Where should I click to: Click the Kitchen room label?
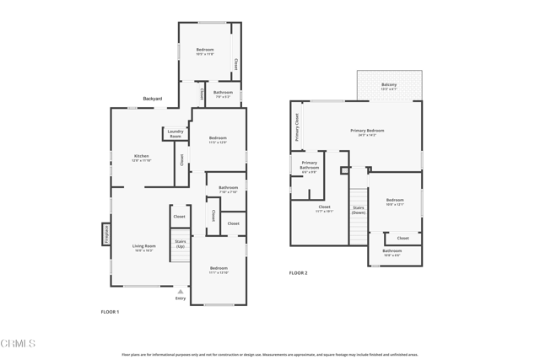[x=142, y=156]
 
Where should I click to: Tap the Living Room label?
[x=144, y=246]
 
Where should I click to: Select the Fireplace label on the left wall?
[x=106, y=234]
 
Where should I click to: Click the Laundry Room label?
[x=175, y=133]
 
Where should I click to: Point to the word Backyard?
[x=152, y=99]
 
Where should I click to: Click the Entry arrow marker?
[x=180, y=292]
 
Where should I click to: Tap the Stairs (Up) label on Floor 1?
[x=180, y=244]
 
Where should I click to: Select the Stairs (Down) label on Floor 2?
[x=359, y=210]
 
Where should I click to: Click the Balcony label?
[x=389, y=84]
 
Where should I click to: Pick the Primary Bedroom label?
[x=367, y=131]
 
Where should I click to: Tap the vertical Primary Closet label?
[x=297, y=126]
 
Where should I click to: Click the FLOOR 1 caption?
[x=110, y=312]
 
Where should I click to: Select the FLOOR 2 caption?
[x=299, y=272]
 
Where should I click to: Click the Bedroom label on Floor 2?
[x=395, y=200]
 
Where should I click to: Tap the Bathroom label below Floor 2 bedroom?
[x=392, y=250]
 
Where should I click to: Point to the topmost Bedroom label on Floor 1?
[x=205, y=50]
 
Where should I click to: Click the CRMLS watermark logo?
[x=19, y=343]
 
